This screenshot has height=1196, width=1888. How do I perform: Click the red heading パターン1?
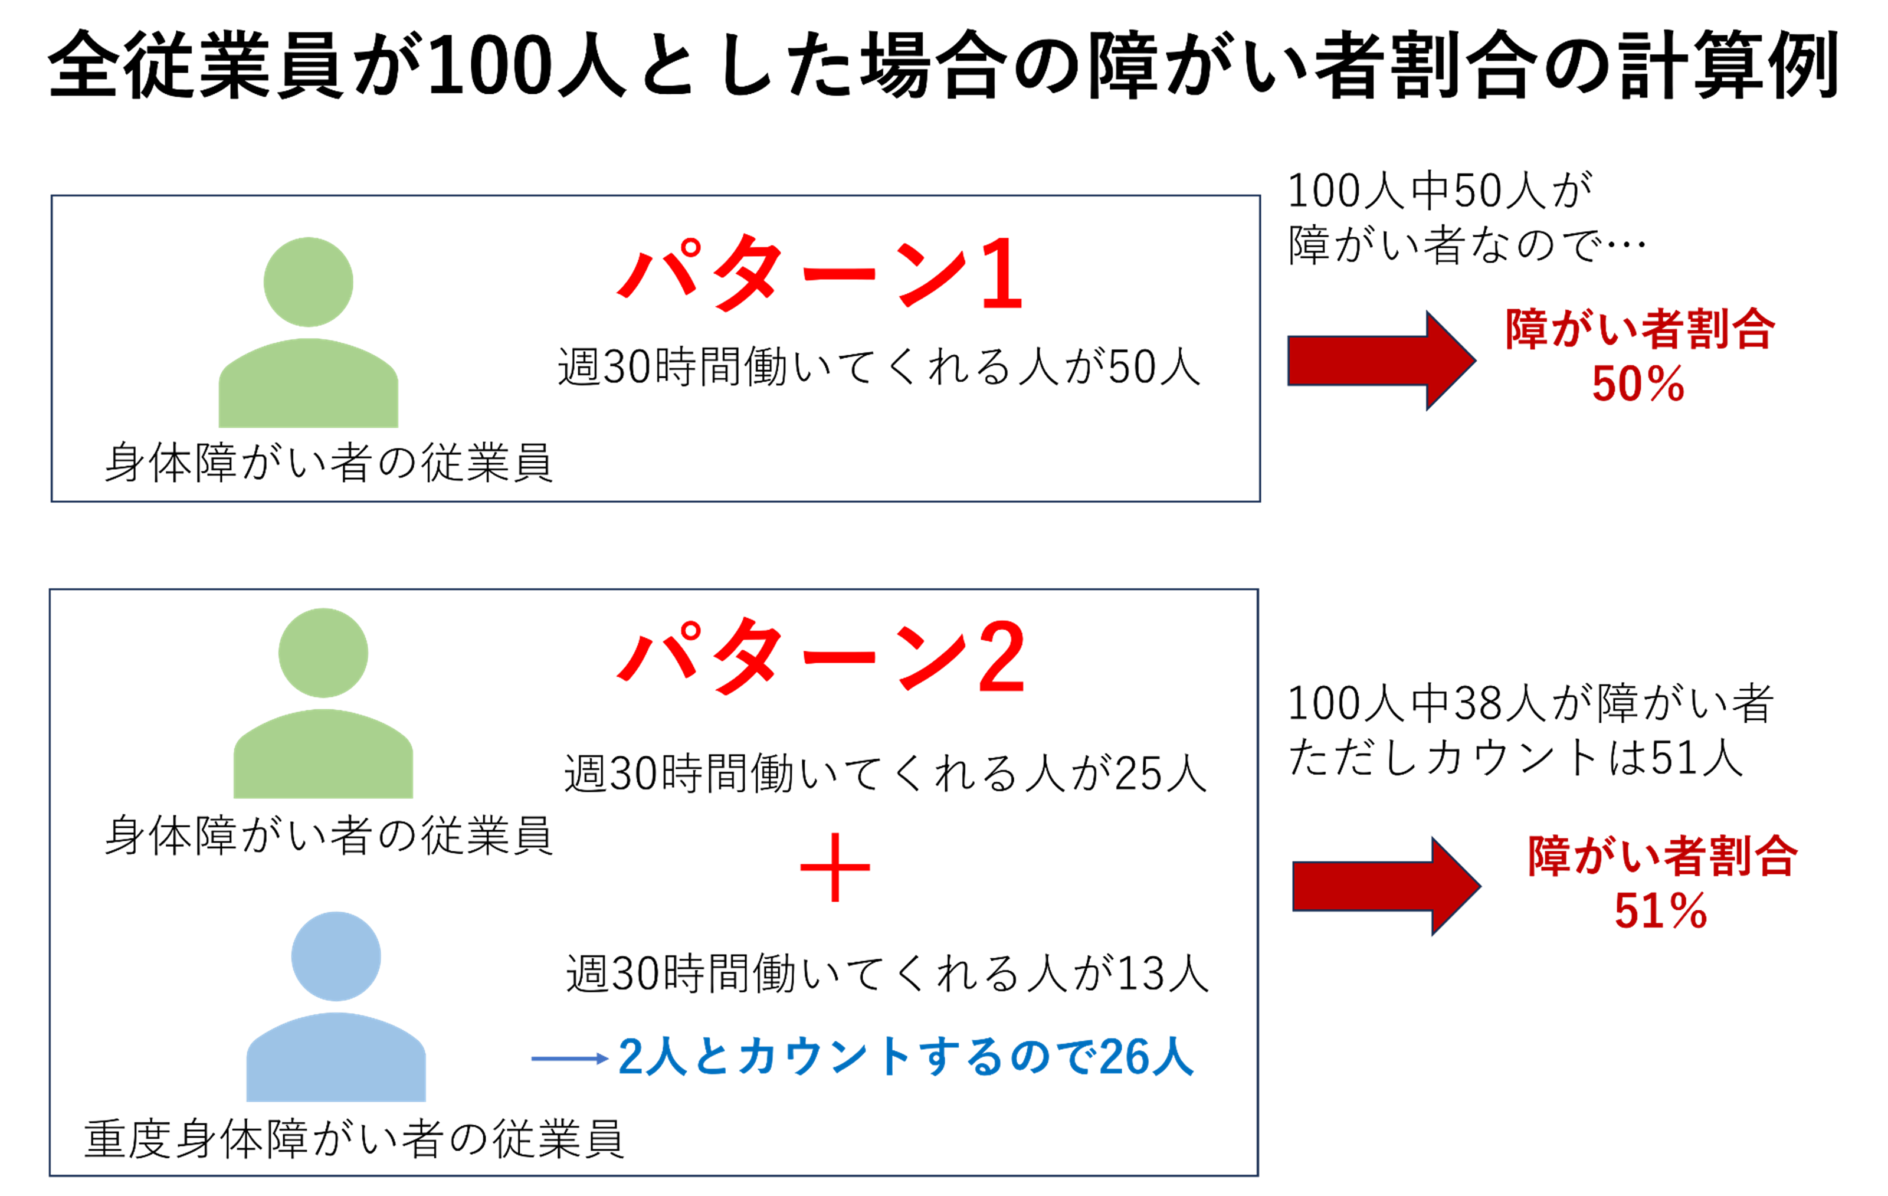coord(820,274)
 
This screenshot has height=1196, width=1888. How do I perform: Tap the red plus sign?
coord(834,867)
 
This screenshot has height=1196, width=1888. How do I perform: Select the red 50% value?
coord(1638,384)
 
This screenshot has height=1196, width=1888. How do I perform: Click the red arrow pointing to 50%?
coord(1382,361)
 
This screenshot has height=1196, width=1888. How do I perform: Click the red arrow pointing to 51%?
coord(1386,886)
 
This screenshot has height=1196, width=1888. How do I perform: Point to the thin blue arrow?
coord(570,1059)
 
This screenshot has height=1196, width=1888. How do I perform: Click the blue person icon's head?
coord(336,956)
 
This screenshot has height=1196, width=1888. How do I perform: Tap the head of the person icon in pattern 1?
coord(308,281)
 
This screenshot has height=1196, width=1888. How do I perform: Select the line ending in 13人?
coord(887,974)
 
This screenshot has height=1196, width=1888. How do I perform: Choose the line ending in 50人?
coord(879,366)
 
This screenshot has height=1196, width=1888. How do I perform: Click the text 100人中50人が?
coord(1440,191)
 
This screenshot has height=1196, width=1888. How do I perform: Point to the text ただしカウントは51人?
coord(1516,758)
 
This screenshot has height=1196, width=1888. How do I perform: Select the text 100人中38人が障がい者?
coord(1531,703)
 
